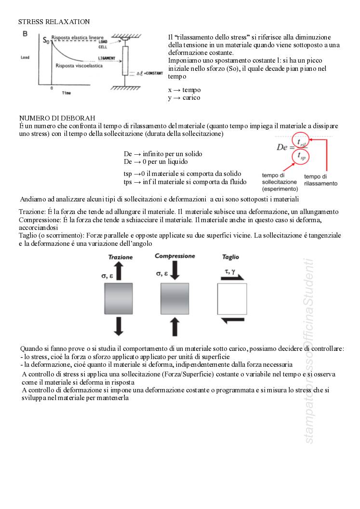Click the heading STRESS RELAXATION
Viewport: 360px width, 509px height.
tap(54, 22)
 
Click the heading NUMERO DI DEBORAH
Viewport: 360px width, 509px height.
tap(57, 118)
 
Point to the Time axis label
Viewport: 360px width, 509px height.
tap(66, 93)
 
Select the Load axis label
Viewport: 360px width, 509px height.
tap(26, 57)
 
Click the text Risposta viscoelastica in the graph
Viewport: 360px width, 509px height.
tap(79, 66)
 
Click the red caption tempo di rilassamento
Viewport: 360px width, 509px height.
tap(320, 180)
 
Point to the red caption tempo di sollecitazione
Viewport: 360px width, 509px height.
tap(280, 182)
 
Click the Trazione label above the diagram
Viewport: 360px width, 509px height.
tap(120, 257)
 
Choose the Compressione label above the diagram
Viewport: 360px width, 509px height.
tap(175, 256)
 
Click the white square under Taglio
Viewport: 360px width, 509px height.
tap(232, 299)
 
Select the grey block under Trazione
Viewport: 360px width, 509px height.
tap(119, 299)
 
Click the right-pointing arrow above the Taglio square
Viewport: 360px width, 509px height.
tap(233, 278)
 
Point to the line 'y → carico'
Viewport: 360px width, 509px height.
tap(184, 98)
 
